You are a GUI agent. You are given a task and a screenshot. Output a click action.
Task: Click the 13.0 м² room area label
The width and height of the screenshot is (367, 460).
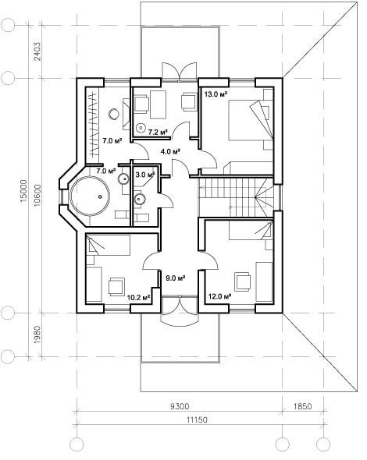pos(216,94)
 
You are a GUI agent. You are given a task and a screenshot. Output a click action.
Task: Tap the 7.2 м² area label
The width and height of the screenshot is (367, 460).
pos(158,132)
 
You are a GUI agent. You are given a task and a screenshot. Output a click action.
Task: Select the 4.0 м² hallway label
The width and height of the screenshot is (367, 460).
pos(170,152)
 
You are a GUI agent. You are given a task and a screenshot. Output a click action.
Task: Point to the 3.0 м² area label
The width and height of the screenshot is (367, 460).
pos(145,175)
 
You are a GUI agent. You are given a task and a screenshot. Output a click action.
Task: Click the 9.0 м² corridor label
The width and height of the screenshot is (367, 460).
pos(175,278)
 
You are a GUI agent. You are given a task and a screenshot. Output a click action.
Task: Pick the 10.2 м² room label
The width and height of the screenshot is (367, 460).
pos(139,298)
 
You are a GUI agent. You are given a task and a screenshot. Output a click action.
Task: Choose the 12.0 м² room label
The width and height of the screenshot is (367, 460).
pos(219,296)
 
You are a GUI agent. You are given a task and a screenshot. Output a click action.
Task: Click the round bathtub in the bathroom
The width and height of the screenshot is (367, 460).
pos(90,196)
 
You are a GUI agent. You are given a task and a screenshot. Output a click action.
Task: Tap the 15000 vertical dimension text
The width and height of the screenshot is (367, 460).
pos(23,191)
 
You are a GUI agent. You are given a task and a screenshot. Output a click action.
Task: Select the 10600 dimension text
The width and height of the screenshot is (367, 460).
pos(37,196)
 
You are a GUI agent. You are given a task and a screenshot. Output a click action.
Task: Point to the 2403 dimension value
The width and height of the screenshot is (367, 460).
pos(37,51)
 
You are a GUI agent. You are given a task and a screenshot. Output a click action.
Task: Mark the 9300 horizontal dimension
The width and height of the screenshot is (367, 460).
pos(180,406)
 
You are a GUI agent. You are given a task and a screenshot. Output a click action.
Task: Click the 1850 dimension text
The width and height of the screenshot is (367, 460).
pos(302,406)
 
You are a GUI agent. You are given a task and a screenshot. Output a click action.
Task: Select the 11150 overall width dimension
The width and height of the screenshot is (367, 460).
pos(197,419)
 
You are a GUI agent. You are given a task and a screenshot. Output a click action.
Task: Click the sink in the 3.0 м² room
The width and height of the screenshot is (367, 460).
pos(140,199)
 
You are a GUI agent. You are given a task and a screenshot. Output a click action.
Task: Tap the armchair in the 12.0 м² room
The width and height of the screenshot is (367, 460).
pos(242,281)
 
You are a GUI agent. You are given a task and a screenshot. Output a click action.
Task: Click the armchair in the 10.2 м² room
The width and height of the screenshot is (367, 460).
pos(116,287)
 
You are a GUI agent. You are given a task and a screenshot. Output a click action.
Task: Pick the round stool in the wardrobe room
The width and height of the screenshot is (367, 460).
pos(114,113)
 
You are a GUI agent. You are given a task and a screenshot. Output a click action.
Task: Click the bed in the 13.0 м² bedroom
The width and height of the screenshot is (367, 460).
pos(251,120)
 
